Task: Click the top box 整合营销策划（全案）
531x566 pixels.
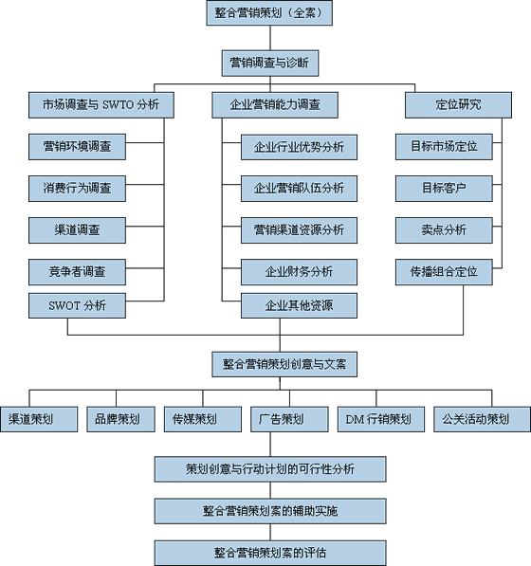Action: pos(269,13)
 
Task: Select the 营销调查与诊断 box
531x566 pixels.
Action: pos(270,64)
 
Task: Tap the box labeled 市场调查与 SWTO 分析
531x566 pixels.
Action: pos(101,105)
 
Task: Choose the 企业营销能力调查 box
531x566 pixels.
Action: pos(275,105)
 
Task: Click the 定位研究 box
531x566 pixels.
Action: pos(458,105)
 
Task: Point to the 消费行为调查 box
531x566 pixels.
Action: pos(77,189)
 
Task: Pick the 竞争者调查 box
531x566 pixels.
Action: pos(77,272)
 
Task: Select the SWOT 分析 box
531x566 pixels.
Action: pos(77,305)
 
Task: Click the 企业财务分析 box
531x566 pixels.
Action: pos(299,272)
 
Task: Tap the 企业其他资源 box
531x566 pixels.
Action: pos(299,305)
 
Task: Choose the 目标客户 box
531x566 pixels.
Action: pos(444,189)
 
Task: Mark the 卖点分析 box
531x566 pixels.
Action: pos(444,230)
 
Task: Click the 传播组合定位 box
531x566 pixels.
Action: pos(444,272)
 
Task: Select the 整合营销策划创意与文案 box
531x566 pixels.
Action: pos(284,364)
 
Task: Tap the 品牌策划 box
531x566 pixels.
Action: pos(121,419)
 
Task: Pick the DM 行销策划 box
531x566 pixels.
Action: pos(381,419)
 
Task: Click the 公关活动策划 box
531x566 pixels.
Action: pos(482,419)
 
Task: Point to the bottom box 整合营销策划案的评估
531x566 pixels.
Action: pos(270,553)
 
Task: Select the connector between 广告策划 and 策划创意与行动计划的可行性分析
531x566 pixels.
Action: pos(270,445)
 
